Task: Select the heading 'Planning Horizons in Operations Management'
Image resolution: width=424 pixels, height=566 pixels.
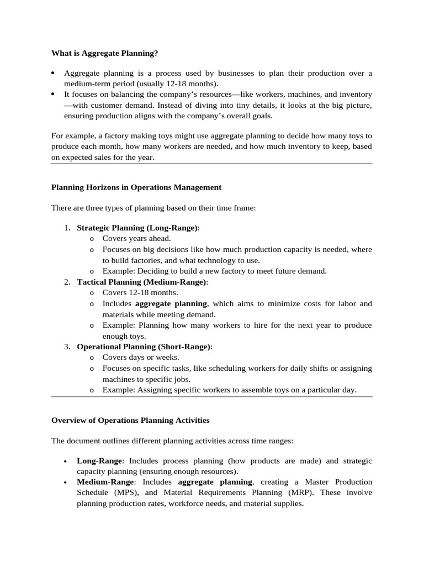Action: pyautogui.click(x=136, y=187)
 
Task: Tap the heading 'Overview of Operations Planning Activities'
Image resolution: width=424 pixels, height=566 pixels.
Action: pyautogui.click(x=130, y=421)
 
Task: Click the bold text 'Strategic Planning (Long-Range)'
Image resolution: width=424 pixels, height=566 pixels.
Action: pyautogui.click(x=137, y=228)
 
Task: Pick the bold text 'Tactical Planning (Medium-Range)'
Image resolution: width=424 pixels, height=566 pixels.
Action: pyautogui.click(x=141, y=282)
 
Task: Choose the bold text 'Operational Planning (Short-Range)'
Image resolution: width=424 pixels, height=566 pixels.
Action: pyautogui.click(x=144, y=347)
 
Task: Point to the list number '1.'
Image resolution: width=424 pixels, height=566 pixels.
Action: pyautogui.click(x=67, y=228)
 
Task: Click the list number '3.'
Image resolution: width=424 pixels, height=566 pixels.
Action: pyautogui.click(x=67, y=347)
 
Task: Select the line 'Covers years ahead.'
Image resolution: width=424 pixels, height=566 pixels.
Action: pyautogui.click(x=136, y=239)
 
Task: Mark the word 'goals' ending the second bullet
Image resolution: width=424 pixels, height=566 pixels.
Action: pyautogui.click(x=260, y=116)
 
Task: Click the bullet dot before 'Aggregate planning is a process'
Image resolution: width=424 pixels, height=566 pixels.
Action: pyautogui.click(x=53, y=74)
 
